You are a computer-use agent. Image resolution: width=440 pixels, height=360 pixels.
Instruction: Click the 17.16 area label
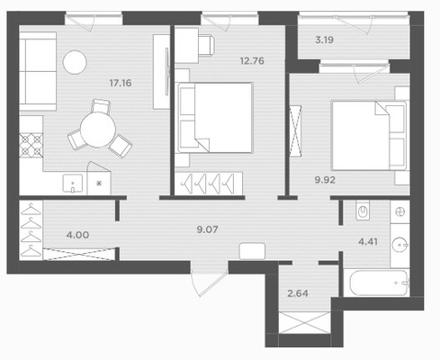121,83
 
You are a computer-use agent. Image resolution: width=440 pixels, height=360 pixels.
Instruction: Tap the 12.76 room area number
252,61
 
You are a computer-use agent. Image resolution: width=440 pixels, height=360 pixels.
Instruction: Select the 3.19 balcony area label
325,40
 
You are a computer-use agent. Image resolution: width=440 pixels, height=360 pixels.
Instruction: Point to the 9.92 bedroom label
325,180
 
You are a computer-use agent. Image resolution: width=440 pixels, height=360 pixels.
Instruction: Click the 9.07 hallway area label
207,229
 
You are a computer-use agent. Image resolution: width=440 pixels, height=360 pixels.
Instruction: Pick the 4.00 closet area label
77,235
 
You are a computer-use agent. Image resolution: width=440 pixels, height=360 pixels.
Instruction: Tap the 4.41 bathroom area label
368,241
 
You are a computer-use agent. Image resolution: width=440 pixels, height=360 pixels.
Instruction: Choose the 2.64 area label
298,293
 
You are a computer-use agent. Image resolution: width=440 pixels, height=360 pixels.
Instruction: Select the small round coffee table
75,62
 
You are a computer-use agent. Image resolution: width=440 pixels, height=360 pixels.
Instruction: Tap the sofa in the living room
38,71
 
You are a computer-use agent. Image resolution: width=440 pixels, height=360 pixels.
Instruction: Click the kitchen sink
73,184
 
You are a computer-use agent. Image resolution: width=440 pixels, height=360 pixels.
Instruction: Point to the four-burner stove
31,145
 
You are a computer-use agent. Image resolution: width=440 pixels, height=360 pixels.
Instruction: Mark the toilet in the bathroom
363,211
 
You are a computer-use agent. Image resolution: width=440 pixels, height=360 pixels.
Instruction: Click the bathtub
377,283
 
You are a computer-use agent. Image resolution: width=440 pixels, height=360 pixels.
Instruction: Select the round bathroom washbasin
400,245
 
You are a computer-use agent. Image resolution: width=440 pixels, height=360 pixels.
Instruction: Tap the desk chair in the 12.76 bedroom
207,45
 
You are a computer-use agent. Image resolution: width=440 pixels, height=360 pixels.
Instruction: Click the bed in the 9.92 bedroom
369,136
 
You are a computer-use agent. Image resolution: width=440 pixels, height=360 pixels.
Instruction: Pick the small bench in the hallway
252,251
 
